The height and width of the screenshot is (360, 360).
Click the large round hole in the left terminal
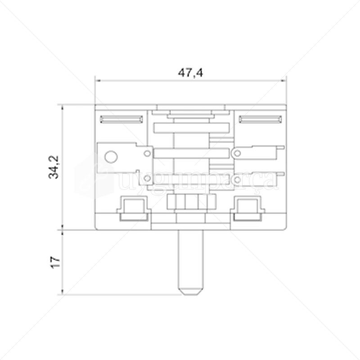tap(110, 157)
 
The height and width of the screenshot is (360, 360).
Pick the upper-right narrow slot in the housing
tap(260, 119)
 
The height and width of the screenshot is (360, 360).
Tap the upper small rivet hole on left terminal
tap(146, 153)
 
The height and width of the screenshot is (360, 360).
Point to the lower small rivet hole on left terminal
tap(146, 180)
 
